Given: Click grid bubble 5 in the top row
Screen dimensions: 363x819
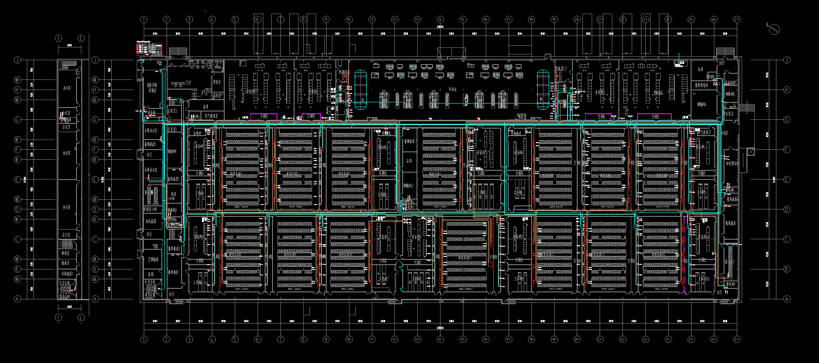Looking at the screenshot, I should (235, 19).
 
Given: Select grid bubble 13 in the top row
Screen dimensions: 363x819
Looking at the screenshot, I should (417, 19).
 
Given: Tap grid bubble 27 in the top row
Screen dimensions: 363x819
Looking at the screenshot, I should (737, 19).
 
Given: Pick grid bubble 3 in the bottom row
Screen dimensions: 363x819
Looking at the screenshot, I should (189, 339).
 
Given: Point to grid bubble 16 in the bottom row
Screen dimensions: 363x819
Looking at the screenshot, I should (485, 339).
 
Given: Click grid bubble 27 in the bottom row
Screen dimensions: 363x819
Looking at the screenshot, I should (737, 339).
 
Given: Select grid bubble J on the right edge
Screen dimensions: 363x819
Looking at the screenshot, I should (787, 60).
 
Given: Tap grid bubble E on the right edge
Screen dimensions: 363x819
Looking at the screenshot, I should (787, 179).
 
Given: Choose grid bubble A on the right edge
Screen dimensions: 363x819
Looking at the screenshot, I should (787, 299).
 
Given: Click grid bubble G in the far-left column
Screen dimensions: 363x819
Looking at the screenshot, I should (18, 119).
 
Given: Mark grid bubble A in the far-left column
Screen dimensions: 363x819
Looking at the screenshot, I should (18, 299).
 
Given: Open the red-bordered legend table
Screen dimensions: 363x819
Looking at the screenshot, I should (149, 49).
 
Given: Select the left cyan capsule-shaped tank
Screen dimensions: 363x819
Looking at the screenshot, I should (360, 90).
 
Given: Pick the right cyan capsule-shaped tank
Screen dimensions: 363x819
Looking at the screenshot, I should (543, 90).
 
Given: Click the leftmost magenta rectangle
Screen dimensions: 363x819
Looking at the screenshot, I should (264, 116).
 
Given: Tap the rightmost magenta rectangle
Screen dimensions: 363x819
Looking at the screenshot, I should (654, 116).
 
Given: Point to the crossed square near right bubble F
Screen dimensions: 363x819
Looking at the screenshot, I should (750, 152).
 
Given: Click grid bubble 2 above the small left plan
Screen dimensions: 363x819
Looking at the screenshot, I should (81, 38).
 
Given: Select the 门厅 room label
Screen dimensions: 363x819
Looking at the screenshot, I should (189, 83).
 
